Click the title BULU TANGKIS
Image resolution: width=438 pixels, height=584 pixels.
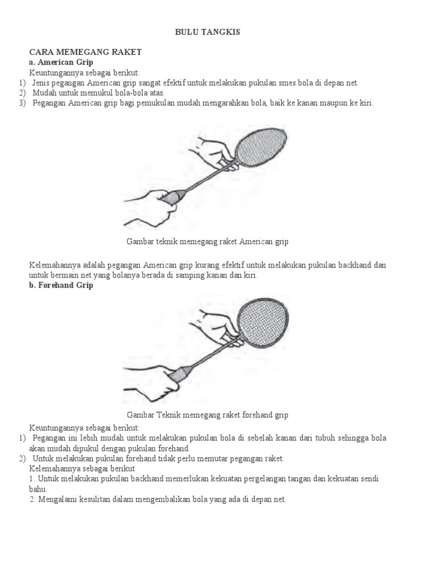(208, 33)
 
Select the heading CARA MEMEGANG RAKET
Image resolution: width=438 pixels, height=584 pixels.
(85, 52)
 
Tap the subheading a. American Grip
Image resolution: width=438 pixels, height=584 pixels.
(61, 62)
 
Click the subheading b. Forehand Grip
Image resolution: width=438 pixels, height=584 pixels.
(61, 286)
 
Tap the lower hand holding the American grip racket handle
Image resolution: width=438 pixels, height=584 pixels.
(148, 205)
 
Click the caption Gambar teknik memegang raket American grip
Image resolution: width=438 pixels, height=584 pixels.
(208, 242)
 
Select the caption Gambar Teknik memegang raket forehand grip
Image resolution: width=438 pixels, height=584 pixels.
(208, 415)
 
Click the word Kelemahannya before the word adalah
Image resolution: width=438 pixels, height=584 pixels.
(53, 266)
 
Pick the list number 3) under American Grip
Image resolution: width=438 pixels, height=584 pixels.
(22, 103)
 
